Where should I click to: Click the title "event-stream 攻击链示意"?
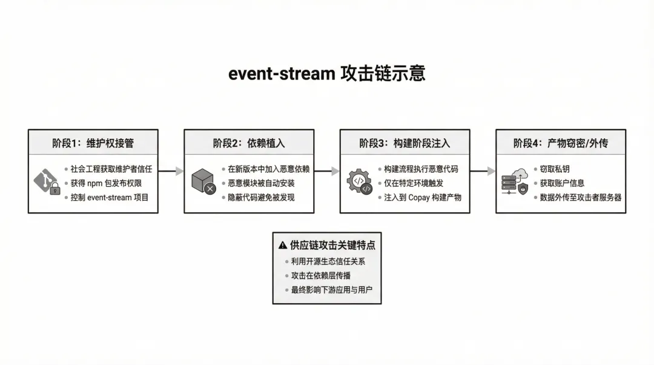(x=326, y=73)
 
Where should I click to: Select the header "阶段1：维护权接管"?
(x=93, y=144)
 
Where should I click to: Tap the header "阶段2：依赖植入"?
(x=249, y=144)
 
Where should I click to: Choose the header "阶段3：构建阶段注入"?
(x=405, y=144)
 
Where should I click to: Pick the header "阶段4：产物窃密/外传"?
(x=560, y=144)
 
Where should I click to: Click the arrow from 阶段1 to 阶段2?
(x=171, y=171)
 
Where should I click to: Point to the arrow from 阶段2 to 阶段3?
(x=327, y=171)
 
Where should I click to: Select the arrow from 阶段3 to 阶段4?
(x=483, y=171)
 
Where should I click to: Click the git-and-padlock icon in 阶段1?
(x=47, y=182)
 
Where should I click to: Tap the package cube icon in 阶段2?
(x=203, y=182)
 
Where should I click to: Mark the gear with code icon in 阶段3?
(x=359, y=182)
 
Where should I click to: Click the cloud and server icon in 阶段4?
(x=515, y=182)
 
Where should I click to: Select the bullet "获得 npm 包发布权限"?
(x=106, y=183)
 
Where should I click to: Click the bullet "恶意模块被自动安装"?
(x=261, y=183)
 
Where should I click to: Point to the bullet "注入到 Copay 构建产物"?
(x=422, y=197)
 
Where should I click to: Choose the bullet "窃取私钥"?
(x=554, y=169)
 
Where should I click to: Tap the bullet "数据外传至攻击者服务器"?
(x=580, y=197)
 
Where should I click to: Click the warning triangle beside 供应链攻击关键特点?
(x=282, y=246)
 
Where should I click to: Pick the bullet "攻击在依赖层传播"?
(x=320, y=276)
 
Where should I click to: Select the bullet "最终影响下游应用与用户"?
(x=331, y=290)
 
